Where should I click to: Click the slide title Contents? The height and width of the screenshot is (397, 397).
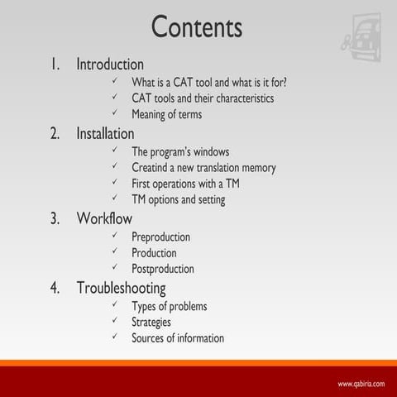tap(197, 26)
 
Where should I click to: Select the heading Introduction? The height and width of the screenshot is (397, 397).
tap(110, 64)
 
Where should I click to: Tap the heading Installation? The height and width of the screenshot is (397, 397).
tap(105, 133)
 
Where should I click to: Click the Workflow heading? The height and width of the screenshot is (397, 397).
tap(104, 218)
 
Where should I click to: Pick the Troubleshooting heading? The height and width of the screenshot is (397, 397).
tap(121, 288)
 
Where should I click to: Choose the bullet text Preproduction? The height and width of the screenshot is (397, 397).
tap(160, 237)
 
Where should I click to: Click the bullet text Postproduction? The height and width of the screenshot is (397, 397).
tap(163, 269)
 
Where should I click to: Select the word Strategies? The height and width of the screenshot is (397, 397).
tap(151, 322)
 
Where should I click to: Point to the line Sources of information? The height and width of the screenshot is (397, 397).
tap(177, 337)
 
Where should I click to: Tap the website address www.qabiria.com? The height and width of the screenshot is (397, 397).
tap(361, 384)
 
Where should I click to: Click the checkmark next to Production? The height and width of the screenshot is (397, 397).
tap(114, 253)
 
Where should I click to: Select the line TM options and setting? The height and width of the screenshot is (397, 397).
tap(178, 199)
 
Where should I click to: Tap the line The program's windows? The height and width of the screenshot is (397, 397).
tap(180, 152)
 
